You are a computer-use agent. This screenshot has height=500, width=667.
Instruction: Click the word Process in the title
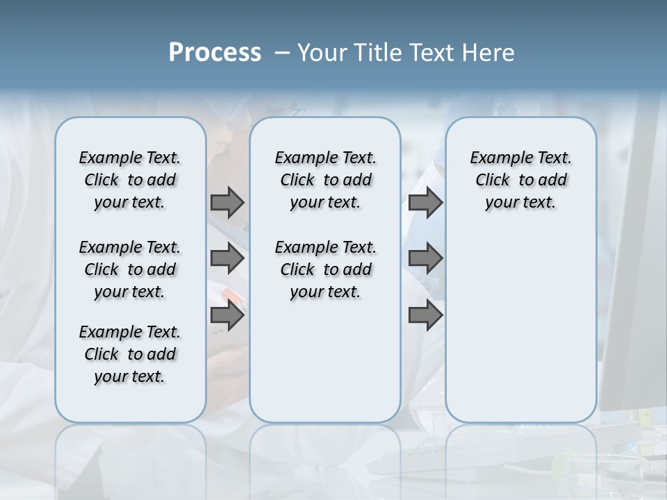[215, 53]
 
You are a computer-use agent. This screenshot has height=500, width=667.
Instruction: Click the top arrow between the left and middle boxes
[227, 202]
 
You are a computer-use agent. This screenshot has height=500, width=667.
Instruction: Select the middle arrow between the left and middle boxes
[227, 258]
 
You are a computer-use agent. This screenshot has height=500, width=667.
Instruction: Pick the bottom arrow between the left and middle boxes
[227, 315]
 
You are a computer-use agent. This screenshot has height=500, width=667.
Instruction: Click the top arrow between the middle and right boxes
[425, 202]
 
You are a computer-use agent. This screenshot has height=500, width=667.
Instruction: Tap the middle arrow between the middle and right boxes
[425, 258]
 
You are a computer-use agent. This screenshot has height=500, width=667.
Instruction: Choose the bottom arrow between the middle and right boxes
[425, 315]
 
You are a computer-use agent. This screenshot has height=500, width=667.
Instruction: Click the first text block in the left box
[130, 180]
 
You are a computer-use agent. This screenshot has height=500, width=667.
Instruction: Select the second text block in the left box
[130, 269]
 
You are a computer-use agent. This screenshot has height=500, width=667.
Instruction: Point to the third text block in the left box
[130, 354]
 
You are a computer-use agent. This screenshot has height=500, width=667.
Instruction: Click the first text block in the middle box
[325, 180]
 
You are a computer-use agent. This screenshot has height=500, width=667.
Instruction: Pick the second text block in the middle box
[325, 269]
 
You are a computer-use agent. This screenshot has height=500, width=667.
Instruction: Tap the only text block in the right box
[520, 180]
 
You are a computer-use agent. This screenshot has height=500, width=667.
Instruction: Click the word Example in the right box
[496, 158]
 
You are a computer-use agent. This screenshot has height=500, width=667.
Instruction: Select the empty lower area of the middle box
[325, 361]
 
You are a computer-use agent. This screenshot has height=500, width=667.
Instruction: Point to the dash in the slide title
[282, 53]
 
